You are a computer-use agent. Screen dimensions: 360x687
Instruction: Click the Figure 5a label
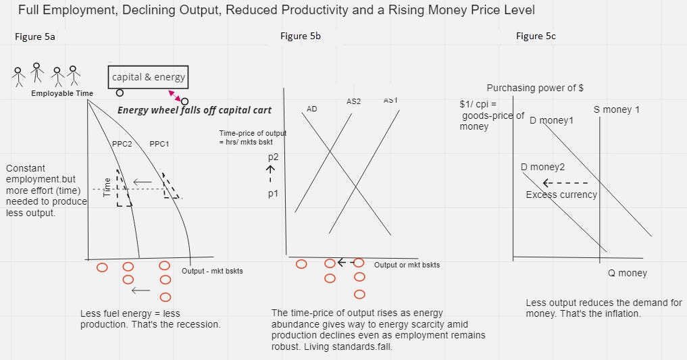[x=34, y=37]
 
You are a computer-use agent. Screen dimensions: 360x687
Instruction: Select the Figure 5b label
[x=300, y=36]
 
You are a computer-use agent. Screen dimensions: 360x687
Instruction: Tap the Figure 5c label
[x=536, y=36]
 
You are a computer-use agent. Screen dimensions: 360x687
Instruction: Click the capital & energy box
[x=148, y=77]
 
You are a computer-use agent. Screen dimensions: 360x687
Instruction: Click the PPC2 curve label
[x=122, y=144]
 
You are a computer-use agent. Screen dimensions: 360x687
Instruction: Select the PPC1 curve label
[x=159, y=144]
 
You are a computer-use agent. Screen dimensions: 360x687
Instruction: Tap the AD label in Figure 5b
[x=311, y=109]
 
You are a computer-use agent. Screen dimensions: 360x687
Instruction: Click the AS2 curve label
[x=353, y=101]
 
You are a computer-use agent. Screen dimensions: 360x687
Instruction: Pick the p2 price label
[x=272, y=157]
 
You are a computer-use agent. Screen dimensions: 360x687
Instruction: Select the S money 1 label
[x=616, y=109]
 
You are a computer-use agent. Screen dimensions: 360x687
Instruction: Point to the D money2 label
[x=543, y=167]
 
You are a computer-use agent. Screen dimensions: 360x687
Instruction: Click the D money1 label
[x=551, y=120]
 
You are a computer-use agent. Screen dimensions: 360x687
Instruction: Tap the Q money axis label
[x=628, y=273]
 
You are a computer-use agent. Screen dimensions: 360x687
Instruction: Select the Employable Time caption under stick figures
[x=62, y=93]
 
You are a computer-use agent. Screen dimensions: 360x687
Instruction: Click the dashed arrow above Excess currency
[x=565, y=182]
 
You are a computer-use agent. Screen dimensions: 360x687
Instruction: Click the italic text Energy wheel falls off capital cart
[x=195, y=110]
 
